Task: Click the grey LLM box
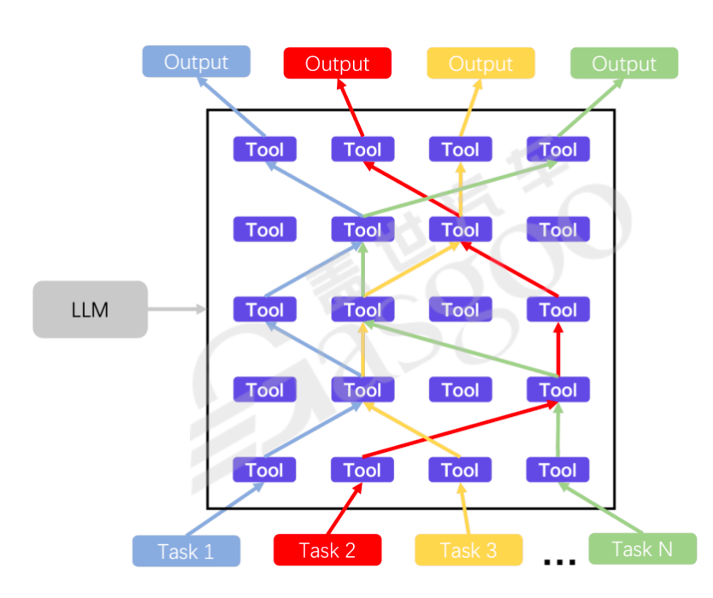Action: [x=90, y=309]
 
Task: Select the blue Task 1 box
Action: [x=186, y=551]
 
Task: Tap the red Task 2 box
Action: [x=327, y=550]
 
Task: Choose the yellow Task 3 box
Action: [x=468, y=550]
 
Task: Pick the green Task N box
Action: [x=642, y=548]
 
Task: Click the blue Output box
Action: [x=196, y=62]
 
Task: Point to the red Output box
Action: [x=337, y=63]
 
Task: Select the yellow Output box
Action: [x=480, y=63]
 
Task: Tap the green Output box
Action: [x=624, y=63]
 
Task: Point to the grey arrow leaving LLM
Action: [x=177, y=309]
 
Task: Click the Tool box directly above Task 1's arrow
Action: [x=264, y=470]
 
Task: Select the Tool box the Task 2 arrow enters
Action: [x=362, y=470]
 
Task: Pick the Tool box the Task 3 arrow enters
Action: [x=460, y=470]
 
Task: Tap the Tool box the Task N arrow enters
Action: [x=557, y=470]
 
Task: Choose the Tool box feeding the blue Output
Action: [x=264, y=149]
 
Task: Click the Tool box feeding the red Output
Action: [x=362, y=149]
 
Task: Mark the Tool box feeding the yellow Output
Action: [x=460, y=149]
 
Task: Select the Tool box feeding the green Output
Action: [x=557, y=149]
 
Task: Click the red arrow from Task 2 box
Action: [x=342, y=509]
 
